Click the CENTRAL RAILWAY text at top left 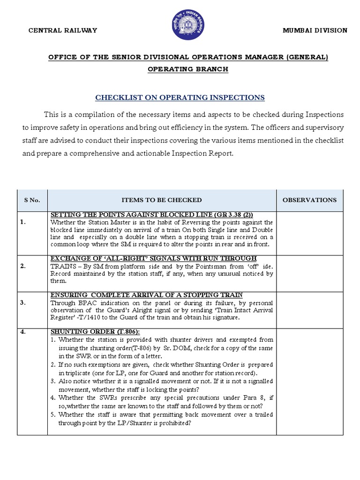click(x=63, y=30)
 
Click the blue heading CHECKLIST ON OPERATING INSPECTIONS click(x=180, y=97)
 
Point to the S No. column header click(x=32, y=200)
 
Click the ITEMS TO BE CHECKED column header click(x=162, y=200)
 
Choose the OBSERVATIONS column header click(x=309, y=200)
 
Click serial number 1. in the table click(x=23, y=222)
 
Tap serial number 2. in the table click(x=23, y=266)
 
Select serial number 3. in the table click(x=23, y=302)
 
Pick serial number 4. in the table click(x=23, y=332)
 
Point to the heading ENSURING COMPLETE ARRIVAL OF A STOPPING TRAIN click(x=146, y=295)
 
